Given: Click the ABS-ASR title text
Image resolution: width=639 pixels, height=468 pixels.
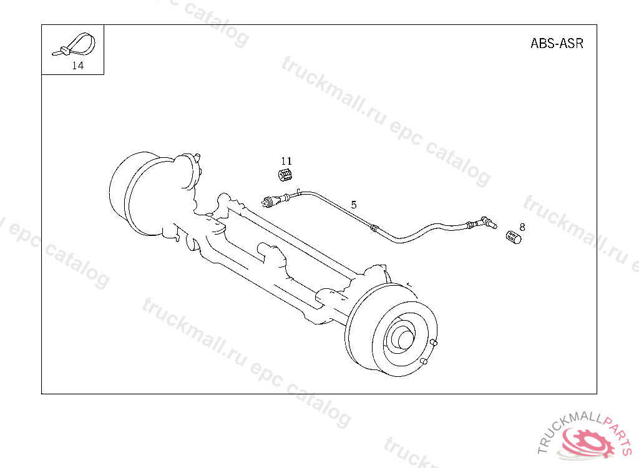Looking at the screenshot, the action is [x=557, y=43].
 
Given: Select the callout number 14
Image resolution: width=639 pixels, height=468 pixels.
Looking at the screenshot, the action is [x=78, y=66].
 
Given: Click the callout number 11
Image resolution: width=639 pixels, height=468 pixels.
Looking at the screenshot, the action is [x=286, y=161].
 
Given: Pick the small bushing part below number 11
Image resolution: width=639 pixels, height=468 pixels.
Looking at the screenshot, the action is [x=285, y=175].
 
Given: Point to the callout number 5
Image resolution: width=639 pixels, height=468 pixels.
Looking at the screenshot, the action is [x=354, y=205].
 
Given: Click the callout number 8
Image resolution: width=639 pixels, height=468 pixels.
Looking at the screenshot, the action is [x=522, y=227].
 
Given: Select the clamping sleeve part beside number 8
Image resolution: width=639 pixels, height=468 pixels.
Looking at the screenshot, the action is [x=514, y=237].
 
